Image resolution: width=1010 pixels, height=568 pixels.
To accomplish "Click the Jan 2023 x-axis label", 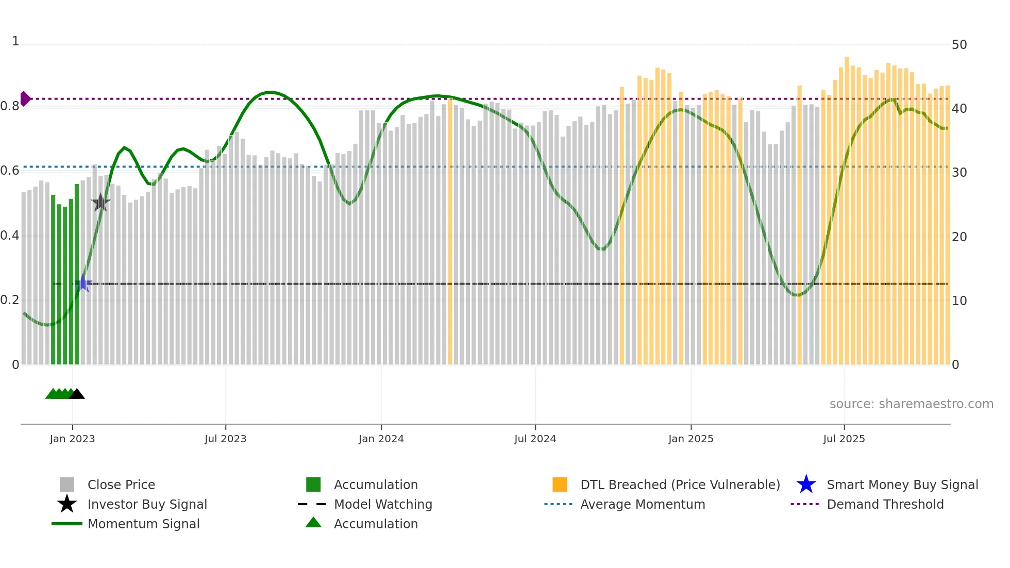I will (x=72, y=439).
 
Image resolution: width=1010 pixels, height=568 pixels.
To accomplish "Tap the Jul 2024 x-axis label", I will (x=535, y=439).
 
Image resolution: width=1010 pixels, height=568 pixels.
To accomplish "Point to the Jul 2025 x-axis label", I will (x=844, y=439).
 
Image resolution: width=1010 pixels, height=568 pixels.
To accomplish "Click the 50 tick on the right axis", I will (x=959, y=45).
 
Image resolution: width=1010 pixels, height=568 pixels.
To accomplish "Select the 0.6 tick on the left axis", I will (x=10, y=171).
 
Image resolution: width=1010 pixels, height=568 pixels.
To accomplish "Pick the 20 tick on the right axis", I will (x=959, y=237).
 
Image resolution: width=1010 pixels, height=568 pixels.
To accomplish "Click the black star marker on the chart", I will (x=100, y=203).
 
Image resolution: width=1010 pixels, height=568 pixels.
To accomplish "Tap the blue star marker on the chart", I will (x=83, y=283).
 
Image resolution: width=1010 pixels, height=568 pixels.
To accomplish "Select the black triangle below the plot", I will (x=77, y=394).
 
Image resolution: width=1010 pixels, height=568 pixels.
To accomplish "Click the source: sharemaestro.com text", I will (x=911, y=404).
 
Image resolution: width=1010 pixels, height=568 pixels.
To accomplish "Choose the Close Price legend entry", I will (x=121, y=485).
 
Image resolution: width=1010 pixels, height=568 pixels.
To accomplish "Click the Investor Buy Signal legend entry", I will (x=147, y=504).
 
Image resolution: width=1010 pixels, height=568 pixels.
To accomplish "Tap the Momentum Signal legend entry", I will (x=143, y=524).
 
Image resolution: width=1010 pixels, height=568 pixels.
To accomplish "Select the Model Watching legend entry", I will (x=383, y=504).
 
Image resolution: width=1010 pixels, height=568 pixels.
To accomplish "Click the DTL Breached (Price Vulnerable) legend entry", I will (x=680, y=485).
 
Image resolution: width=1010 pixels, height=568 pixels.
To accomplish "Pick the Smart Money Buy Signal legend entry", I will (x=902, y=485).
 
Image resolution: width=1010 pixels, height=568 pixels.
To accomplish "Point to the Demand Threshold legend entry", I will (x=885, y=504).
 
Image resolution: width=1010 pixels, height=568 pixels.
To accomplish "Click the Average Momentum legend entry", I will (x=642, y=504).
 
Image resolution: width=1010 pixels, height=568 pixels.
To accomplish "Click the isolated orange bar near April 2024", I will (x=450, y=232).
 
